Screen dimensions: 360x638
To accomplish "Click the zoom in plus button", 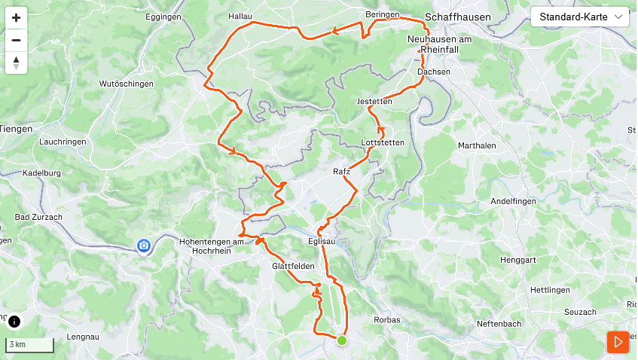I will click(16, 17).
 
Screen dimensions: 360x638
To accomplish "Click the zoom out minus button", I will click(16, 40).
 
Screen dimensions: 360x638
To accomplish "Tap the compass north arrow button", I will click(16, 63).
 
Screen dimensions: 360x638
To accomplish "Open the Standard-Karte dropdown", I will click(580, 17).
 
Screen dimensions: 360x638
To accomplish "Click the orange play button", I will click(618, 342).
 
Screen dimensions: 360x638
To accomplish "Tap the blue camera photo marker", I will click(143, 246).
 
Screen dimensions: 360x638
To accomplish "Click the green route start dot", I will click(342, 340).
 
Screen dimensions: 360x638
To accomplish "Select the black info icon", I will click(14, 322).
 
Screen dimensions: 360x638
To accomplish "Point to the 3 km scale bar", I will click(29, 345).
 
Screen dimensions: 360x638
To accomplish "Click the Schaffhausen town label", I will click(458, 17).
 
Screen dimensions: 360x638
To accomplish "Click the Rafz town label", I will click(341, 172).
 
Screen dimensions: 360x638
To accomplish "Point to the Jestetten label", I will click(374, 102).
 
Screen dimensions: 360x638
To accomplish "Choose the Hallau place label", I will click(239, 15).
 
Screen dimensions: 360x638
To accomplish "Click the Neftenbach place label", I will click(498, 323).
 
